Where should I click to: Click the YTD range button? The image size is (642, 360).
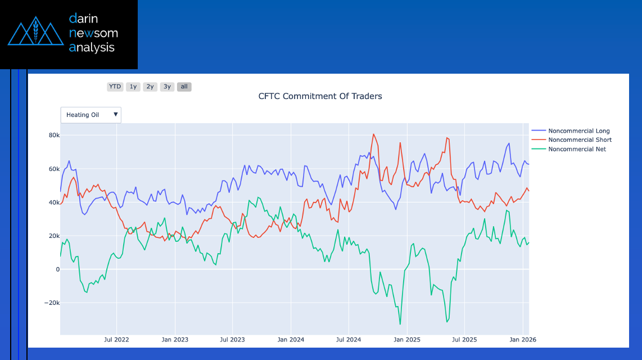pos(115,87)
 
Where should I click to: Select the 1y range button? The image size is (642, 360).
pos(133,87)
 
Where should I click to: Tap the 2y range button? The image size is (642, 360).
pos(150,87)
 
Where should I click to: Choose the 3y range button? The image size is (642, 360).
pos(167,87)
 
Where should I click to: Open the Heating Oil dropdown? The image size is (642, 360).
pos(91,115)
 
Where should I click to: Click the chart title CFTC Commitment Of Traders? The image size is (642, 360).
pos(320,96)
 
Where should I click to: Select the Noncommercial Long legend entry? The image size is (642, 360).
pos(578,131)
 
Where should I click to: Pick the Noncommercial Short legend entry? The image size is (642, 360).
pos(580,140)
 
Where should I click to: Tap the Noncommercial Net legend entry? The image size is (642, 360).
pos(577,149)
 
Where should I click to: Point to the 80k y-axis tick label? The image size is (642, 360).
pos(54,136)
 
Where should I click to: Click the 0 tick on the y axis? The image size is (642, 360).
pos(57,269)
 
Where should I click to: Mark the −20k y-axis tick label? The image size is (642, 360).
pos(51,303)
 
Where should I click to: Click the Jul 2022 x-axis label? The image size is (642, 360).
pos(116,340)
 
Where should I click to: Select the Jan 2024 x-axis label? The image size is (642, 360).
pos(291,340)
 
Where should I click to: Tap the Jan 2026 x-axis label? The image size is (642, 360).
pos(523,340)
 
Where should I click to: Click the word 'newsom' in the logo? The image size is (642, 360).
pos(93,33)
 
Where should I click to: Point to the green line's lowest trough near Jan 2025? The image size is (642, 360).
pos(400,324)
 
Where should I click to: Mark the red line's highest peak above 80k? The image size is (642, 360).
pos(373,134)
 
